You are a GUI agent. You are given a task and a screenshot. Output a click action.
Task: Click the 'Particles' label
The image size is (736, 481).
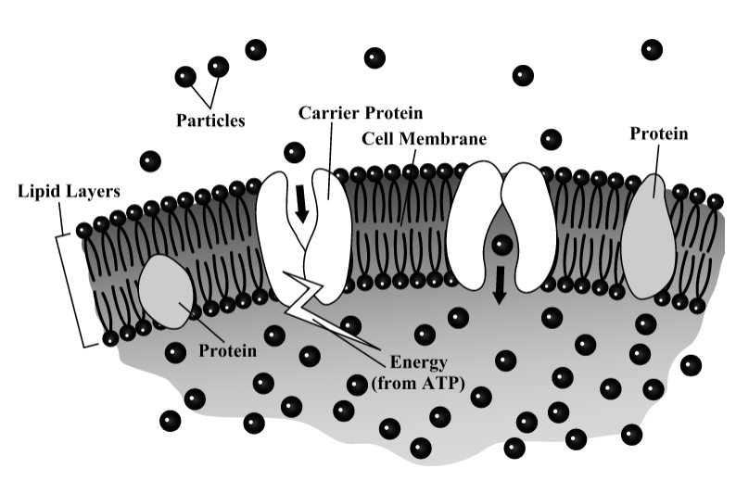pyautogui.click(x=211, y=120)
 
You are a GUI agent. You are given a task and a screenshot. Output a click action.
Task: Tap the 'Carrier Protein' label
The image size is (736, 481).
pyautogui.click(x=361, y=113)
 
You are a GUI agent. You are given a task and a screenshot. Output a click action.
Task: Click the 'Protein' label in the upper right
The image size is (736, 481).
pyautogui.click(x=659, y=134)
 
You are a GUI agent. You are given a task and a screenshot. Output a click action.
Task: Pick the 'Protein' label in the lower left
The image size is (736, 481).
pyautogui.click(x=227, y=351)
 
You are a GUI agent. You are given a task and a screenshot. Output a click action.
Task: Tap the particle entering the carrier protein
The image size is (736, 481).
pyautogui.click(x=295, y=153)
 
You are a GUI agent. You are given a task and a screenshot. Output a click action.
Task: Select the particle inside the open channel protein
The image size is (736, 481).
pyautogui.click(x=501, y=246)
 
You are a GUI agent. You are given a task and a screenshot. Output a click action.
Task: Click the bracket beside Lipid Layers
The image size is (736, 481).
pyautogui.click(x=92, y=279)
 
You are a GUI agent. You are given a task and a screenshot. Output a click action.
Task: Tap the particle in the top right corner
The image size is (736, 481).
pyautogui.click(x=652, y=49)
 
